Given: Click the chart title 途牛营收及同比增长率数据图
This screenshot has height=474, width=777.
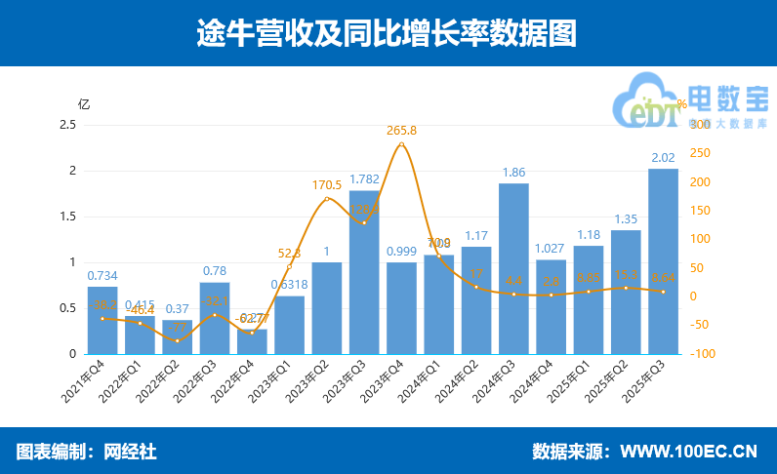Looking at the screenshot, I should [x=388, y=33].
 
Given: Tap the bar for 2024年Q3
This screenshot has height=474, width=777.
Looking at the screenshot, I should [x=513, y=268].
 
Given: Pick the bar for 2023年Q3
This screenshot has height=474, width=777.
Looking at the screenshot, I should [x=364, y=272].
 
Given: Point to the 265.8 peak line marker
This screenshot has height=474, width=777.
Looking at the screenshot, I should [x=401, y=145].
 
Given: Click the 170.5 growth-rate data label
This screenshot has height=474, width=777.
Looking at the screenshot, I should [x=327, y=184].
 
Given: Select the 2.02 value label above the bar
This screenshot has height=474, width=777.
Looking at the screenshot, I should [x=663, y=157].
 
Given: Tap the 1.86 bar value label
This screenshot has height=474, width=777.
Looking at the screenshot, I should [x=513, y=172].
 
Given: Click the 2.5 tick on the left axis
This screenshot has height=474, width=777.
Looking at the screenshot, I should [x=67, y=125].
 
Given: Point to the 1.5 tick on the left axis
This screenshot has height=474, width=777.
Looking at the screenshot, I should [x=67, y=217].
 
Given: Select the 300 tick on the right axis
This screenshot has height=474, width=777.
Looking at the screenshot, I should [x=700, y=125].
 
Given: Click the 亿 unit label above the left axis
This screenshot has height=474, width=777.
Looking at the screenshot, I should [x=84, y=104].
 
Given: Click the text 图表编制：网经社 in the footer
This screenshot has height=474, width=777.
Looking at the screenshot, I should [x=87, y=452].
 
